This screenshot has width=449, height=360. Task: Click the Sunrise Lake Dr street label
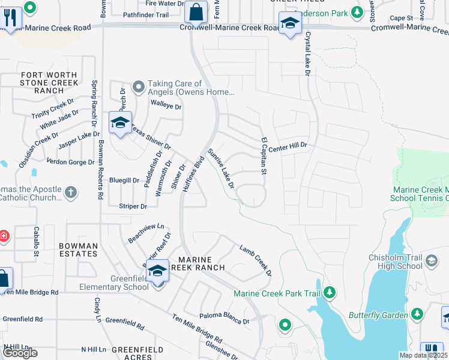point(220,169)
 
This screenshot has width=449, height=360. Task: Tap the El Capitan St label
point(263,156)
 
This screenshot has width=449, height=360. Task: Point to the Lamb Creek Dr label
point(256,260)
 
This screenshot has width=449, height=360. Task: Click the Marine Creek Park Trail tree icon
point(329,293)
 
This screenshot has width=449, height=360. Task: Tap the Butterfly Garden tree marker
point(417,314)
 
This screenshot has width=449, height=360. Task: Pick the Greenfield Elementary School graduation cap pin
point(158,271)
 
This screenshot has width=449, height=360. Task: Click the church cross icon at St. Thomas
point(71,193)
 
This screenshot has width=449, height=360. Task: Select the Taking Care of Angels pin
point(139,88)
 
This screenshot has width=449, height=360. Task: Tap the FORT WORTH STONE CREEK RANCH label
point(49,83)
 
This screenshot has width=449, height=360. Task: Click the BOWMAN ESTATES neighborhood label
point(79,250)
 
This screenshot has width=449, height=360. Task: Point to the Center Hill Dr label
point(288,146)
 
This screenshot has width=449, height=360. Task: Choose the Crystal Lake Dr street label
point(307,54)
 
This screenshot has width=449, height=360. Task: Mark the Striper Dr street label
point(133,206)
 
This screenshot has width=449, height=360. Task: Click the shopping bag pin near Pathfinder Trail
point(196,11)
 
